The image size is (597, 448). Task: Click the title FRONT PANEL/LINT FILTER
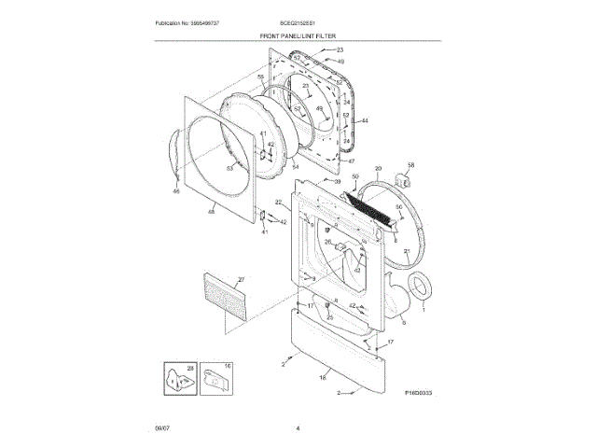(298, 35)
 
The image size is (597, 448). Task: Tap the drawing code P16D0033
(423, 395)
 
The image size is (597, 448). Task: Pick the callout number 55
(261, 77)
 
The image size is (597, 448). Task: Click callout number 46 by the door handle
(175, 191)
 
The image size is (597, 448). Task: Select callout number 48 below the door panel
(211, 212)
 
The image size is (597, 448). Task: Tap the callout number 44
(365, 120)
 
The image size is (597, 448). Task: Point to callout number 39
(337, 182)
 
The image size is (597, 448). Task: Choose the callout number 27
(240, 280)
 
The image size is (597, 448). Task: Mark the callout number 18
(323, 378)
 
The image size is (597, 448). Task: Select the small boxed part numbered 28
(174, 380)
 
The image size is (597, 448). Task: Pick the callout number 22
(278, 203)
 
